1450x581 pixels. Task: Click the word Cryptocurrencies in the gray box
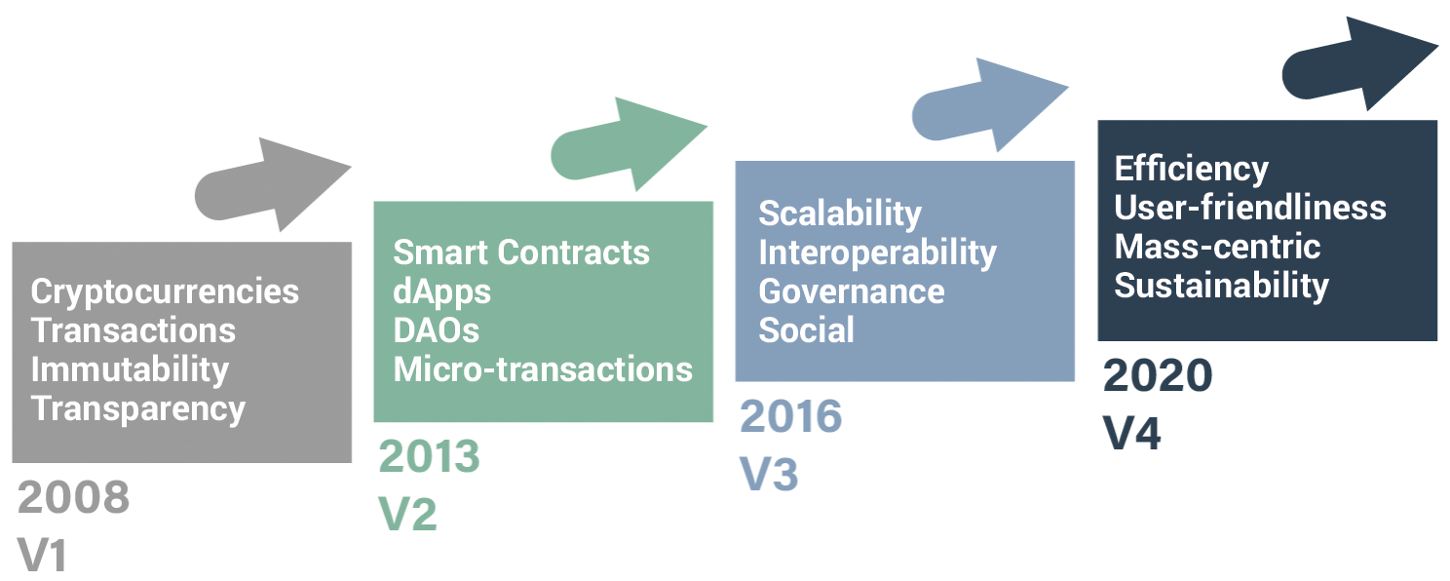click(165, 292)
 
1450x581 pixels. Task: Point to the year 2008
click(74, 497)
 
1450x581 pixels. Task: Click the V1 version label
click(42, 555)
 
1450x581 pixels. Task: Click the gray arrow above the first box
click(273, 184)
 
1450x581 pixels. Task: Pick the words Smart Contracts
click(521, 252)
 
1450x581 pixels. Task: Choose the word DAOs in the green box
click(437, 331)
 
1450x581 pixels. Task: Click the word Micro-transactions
click(543, 369)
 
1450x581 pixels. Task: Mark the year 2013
click(429, 456)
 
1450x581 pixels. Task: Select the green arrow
click(629, 144)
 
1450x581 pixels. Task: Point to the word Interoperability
click(878, 253)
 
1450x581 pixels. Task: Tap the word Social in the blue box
click(807, 331)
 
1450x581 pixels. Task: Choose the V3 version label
click(769, 474)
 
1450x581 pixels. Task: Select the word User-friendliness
click(1250, 208)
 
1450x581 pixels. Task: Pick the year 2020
click(1158, 375)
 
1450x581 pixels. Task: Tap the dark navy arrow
click(1360, 63)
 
